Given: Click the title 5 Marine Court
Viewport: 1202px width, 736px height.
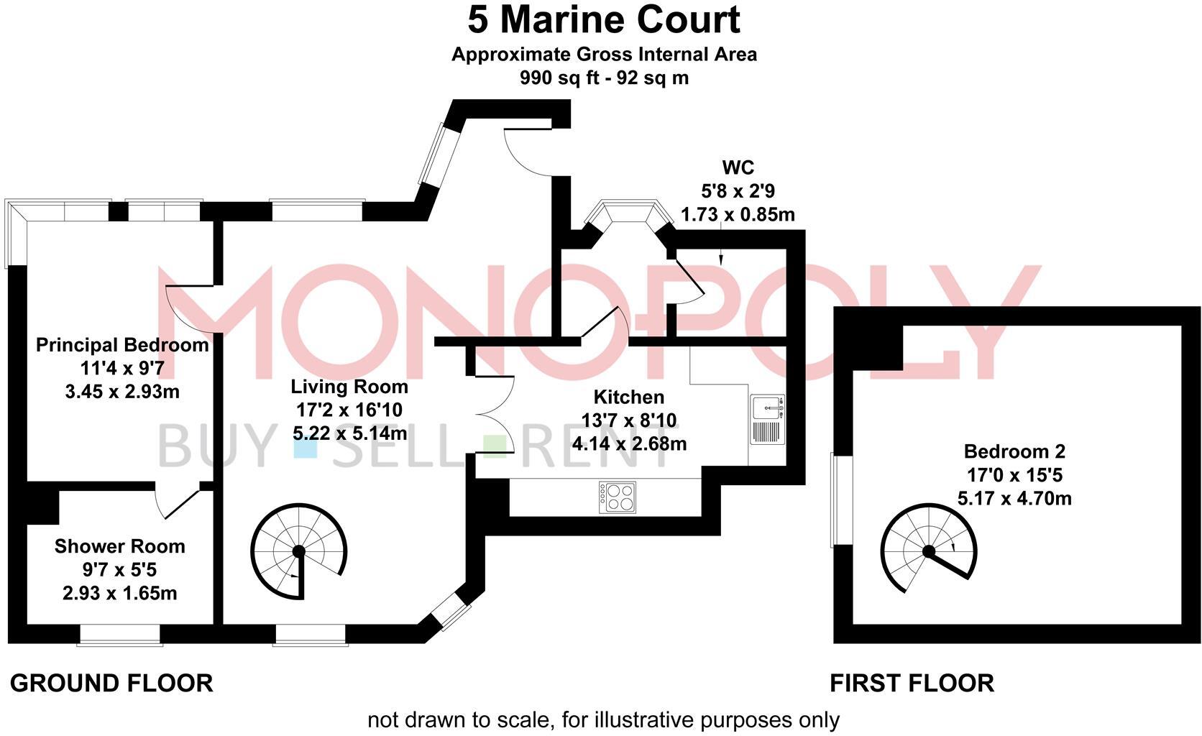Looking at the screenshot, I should [603, 20].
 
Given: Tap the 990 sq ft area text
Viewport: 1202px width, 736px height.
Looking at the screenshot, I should [604, 78].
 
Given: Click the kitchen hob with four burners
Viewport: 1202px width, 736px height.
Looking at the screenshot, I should [618, 497].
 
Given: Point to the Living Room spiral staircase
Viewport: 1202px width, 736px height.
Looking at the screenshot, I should [299, 551].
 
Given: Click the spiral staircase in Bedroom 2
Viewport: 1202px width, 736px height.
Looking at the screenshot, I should [929, 551].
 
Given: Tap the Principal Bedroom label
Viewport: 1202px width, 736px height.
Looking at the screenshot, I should [122, 345].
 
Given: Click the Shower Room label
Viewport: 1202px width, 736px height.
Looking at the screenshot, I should [120, 546].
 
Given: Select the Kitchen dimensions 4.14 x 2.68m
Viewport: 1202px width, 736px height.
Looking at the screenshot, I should [629, 443].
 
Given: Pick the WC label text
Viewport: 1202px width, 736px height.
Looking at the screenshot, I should [738, 168].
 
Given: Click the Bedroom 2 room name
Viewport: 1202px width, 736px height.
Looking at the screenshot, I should [1014, 451].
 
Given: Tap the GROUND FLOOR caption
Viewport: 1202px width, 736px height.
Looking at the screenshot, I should [111, 683].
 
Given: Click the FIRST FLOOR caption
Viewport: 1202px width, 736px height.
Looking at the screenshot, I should [912, 683].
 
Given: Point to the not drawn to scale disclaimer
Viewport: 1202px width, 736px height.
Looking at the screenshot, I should [603, 719].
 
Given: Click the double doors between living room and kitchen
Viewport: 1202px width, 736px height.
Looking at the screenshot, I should [495, 415].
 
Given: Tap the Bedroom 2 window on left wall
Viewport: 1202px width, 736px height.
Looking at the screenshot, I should [833, 499].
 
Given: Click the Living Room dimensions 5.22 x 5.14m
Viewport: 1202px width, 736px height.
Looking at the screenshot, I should [349, 433].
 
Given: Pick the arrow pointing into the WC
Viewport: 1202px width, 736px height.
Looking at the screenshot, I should [721, 259].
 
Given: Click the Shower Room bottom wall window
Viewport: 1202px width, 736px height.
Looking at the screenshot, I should [119, 635].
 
